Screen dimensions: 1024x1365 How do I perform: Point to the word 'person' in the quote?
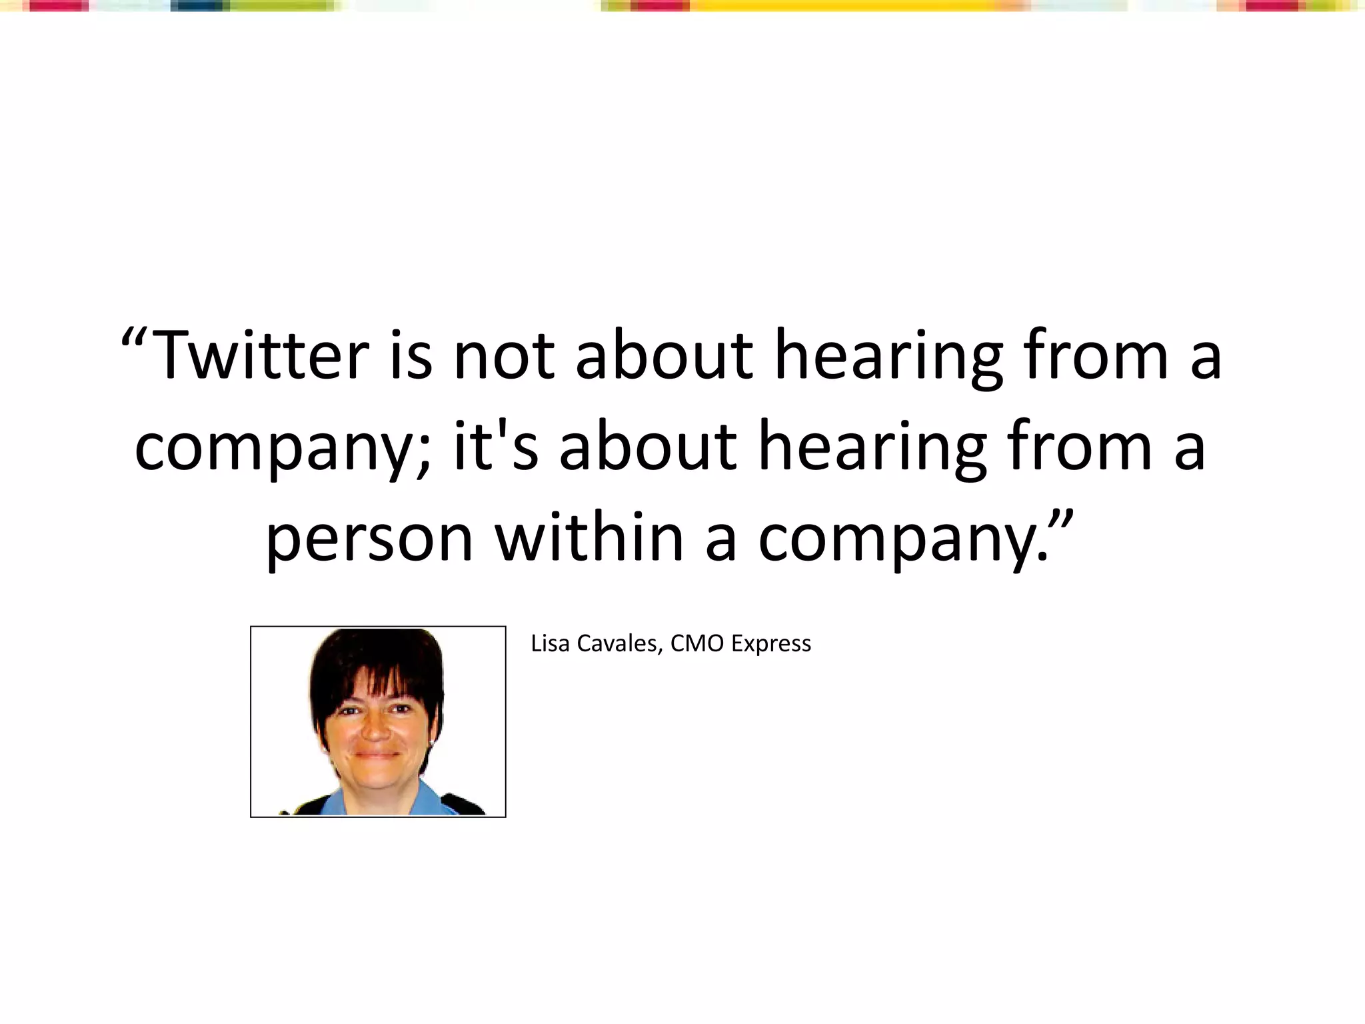369,538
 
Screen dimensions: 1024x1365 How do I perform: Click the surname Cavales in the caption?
617,643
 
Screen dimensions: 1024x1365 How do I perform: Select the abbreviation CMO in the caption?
697,643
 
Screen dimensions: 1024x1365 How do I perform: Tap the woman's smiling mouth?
377,755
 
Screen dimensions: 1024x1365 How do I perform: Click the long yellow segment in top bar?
840,6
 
